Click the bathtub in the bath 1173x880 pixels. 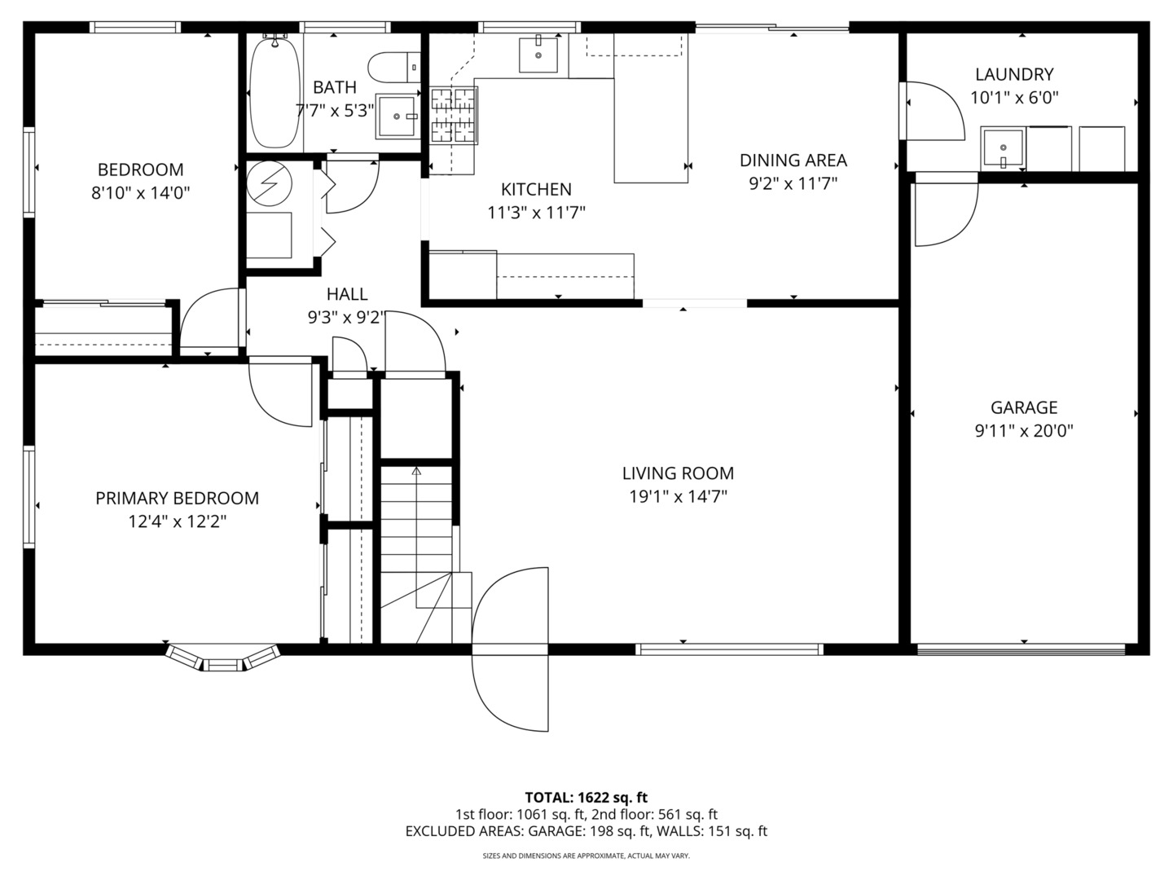click(275, 92)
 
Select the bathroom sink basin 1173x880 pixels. click(397, 116)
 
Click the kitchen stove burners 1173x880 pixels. click(454, 116)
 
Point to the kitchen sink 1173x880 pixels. click(538, 55)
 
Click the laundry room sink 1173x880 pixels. click(1003, 147)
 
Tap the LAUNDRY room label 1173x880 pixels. click(1014, 74)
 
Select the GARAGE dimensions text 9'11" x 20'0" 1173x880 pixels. click(1024, 431)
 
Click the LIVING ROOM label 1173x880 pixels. click(678, 473)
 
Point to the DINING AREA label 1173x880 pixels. click(793, 161)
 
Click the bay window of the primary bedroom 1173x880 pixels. click(222, 658)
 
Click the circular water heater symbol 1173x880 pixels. click(270, 183)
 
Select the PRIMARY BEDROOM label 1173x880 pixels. click(177, 498)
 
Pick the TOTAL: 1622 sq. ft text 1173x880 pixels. click(586, 798)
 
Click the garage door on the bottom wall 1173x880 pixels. click(1021, 649)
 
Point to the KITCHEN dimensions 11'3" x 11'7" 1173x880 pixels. click(536, 213)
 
